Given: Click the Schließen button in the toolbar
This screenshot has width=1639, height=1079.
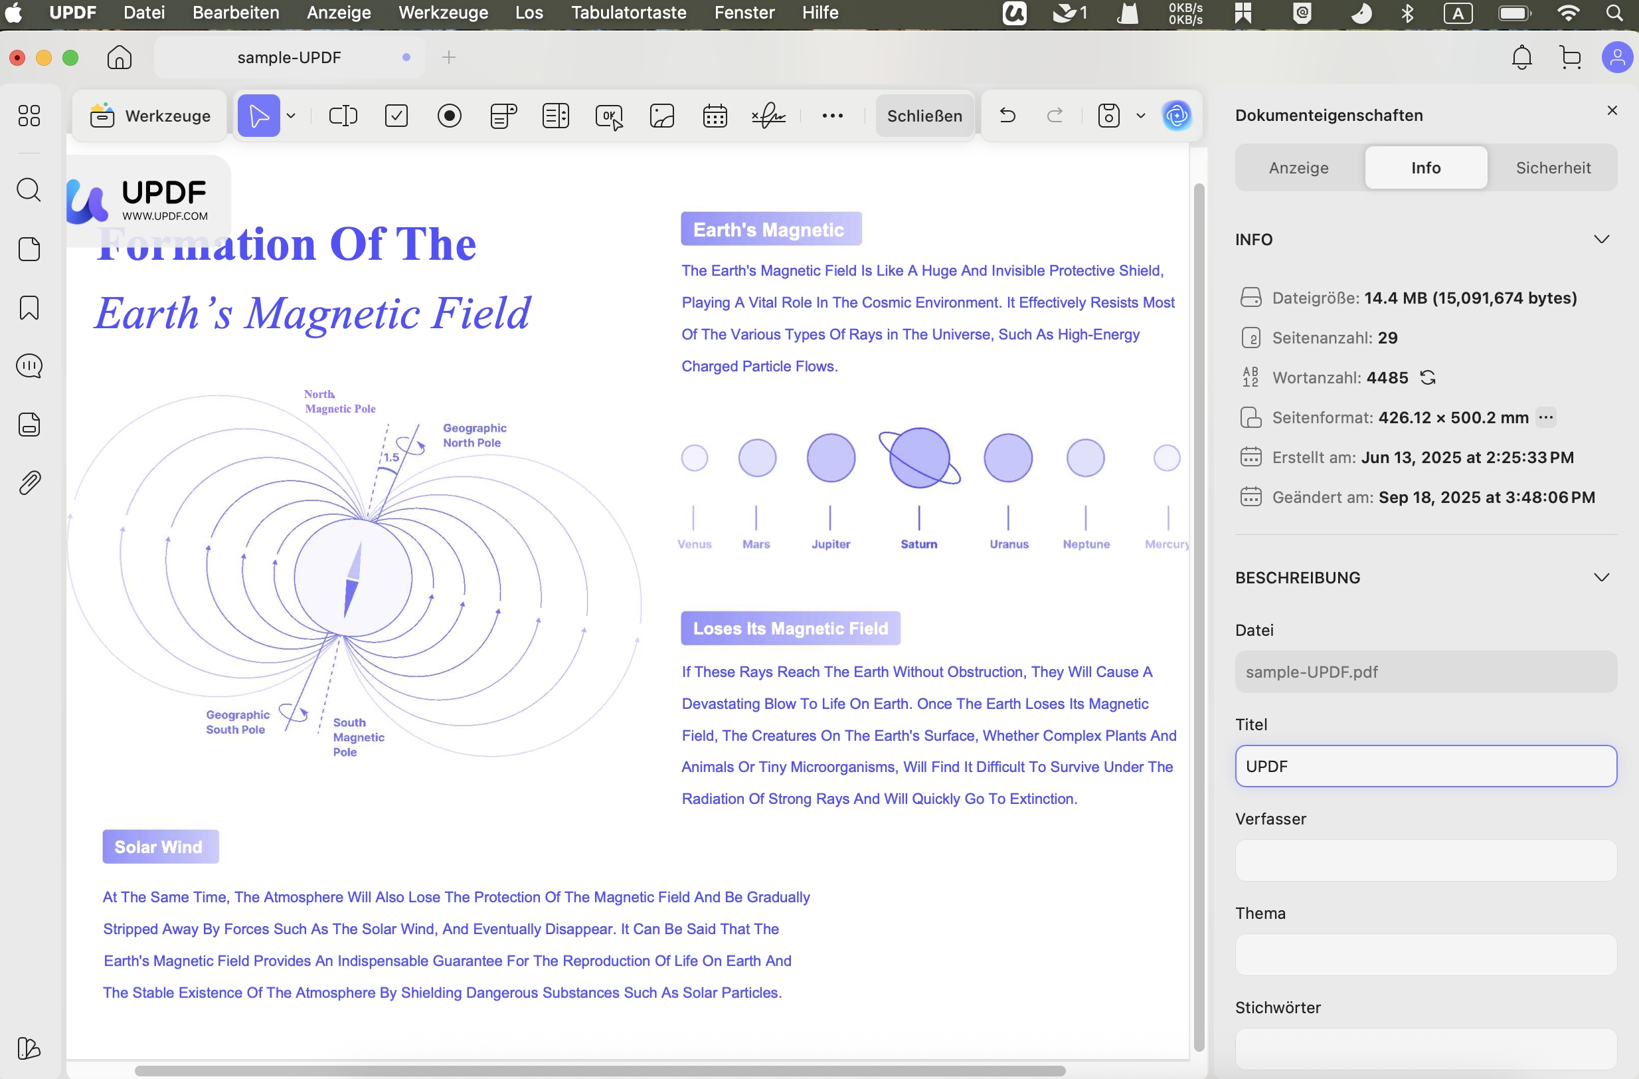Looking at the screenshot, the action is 924,116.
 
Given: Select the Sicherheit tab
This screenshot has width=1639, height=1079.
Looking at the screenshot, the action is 1553,167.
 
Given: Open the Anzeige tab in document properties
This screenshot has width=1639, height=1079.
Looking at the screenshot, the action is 1299,167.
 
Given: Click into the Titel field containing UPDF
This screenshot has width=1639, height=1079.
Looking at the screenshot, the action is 1426,766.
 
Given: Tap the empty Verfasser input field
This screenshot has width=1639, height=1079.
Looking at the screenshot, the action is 1426,860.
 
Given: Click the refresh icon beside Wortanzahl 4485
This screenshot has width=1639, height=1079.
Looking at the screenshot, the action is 1428,377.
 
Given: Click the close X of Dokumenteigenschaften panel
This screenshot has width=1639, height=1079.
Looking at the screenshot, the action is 1612,110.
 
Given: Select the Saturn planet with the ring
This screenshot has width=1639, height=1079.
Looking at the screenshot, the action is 919,458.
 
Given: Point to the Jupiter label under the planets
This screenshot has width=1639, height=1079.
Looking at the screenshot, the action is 831,543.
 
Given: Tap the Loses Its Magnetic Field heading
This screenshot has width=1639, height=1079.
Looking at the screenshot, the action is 790,628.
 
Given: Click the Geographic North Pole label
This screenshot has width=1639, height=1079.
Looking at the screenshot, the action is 474,435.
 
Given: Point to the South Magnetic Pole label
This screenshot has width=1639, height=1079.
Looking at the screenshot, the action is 359,737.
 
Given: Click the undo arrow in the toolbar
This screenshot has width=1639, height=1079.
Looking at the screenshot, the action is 1007,115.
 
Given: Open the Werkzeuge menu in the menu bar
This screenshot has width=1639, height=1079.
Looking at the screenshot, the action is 443,13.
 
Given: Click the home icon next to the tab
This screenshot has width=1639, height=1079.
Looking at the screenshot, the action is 119,57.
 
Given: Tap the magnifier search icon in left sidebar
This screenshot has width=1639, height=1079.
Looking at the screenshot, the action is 29,189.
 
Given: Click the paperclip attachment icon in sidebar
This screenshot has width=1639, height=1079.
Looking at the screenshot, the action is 29,483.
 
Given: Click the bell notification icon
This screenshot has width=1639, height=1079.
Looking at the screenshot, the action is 1521,57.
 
